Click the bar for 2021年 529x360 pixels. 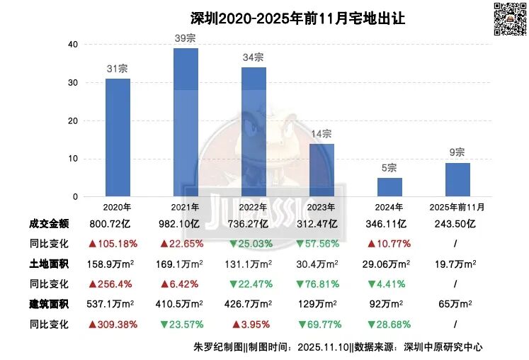tap(186, 123)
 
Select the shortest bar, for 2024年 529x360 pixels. tap(389, 187)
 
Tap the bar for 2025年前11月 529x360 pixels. tap(457, 180)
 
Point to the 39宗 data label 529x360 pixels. tap(186, 38)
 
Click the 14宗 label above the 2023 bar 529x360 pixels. tap(322, 134)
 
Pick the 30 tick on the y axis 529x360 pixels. tap(73, 83)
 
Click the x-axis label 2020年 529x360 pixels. tap(117, 207)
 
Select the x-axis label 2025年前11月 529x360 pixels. tap(457, 207)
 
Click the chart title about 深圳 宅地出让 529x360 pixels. tap(298, 18)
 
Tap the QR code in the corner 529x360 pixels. tap(510, 18)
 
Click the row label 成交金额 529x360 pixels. tap(49, 224)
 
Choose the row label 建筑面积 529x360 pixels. tap(49, 304)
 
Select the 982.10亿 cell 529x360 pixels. tap(179, 224)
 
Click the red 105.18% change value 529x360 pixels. tap(113, 244)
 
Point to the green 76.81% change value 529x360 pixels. tap(317, 284)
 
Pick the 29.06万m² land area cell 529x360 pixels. tap(386, 264)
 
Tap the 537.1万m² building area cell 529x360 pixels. tap(110, 304)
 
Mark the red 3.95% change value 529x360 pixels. tap(251, 325)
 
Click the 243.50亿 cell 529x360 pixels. tap(455, 224)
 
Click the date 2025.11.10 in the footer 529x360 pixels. tap(323, 347)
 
